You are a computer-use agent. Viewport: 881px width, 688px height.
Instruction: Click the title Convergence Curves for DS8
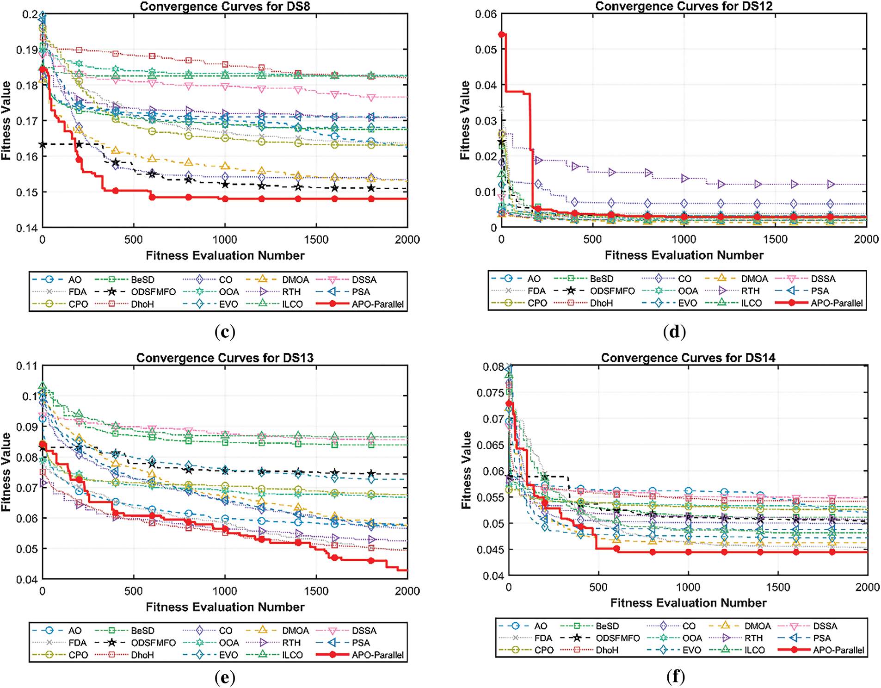(x=225, y=6)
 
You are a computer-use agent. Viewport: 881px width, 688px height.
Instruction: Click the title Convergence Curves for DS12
(x=684, y=6)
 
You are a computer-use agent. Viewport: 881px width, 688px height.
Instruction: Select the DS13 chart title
(x=225, y=358)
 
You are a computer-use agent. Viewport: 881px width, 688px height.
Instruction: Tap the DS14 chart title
(x=688, y=358)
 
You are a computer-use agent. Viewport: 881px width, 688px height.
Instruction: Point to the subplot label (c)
(x=225, y=332)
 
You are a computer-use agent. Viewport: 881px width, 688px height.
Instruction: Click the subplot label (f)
(x=675, y=677)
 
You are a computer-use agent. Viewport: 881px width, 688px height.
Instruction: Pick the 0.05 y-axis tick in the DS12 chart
(x=486, y=50)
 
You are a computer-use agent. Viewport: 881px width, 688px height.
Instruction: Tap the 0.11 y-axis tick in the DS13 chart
(x=27, y=366)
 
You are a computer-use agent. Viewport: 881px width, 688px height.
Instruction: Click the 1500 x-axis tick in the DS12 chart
(x=775, y=239)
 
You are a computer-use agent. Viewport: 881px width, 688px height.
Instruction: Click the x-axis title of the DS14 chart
(x=688, y=603)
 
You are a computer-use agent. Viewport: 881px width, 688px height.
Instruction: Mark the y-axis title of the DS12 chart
(x=464, y=120)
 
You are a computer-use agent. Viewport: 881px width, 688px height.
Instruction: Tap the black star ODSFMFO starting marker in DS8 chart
(x=43, y=145)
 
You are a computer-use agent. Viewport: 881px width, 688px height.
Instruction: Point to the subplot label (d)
(x=674, y=332)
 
